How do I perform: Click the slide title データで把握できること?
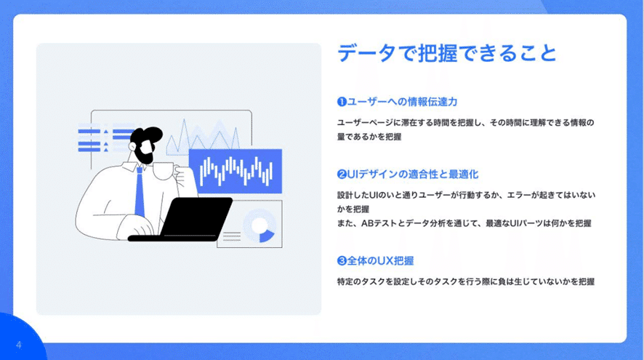447,53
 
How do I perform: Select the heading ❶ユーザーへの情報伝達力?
397,102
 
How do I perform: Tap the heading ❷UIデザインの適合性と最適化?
408,175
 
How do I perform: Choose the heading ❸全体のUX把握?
375,260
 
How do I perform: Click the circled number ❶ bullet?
342,102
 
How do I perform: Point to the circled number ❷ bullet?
342,175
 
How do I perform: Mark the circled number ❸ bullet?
342,261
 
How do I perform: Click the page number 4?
18,345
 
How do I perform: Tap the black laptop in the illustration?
181,219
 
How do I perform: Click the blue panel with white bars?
236,171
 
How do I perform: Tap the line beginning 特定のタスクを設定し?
466,281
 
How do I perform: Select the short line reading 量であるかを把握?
369,137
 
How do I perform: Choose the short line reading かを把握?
353,209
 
